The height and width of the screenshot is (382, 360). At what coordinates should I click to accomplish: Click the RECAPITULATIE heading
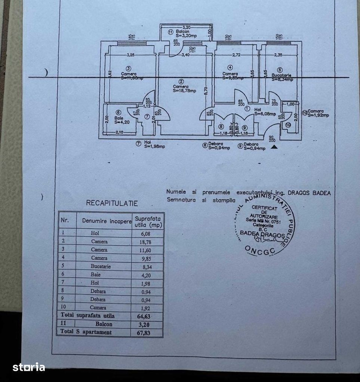point(112,204)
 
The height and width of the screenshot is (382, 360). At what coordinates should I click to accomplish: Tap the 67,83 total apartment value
point(144,332)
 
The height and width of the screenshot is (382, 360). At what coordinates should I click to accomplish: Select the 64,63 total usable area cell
point(144,316)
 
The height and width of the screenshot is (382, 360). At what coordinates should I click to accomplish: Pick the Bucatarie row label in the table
point(101,267)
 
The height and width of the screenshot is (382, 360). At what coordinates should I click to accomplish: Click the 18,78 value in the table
point(144,242)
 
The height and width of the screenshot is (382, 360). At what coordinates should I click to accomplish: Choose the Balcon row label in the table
point(104,324)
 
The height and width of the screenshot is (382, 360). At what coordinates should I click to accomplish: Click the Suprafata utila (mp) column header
point(148,222)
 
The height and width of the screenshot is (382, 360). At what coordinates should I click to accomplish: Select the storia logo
point(29,367)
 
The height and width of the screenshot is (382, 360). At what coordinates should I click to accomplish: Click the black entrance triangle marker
point(274,147)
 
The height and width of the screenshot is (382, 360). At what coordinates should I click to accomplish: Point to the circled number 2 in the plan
point(181,81)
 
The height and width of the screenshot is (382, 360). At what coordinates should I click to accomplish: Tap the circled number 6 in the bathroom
point(118,112)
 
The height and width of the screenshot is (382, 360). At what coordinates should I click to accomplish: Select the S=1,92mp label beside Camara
point(319,115)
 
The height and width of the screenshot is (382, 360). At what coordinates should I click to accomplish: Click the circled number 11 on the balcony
point(170,32)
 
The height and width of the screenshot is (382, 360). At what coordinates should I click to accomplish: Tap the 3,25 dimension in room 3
point(130,55)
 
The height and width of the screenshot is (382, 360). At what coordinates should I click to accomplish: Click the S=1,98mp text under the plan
point(154,146)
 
